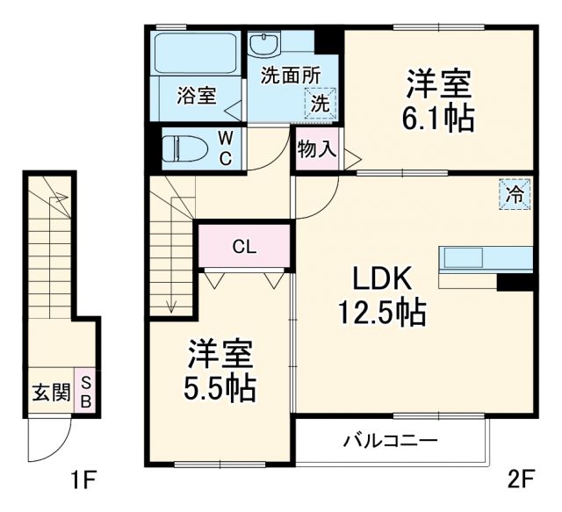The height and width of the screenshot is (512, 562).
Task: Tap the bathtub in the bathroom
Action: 198,54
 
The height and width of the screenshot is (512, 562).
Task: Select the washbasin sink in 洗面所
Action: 263,43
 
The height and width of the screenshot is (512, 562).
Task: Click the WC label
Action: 226,148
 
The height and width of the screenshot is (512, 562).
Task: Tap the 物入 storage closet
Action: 316,150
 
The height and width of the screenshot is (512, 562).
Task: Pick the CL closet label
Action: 244,247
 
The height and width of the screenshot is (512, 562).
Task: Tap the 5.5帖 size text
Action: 220,387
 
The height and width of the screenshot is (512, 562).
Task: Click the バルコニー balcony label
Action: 390,439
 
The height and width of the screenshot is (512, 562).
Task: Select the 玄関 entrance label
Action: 51,393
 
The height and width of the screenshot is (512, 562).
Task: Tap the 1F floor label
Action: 84,480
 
